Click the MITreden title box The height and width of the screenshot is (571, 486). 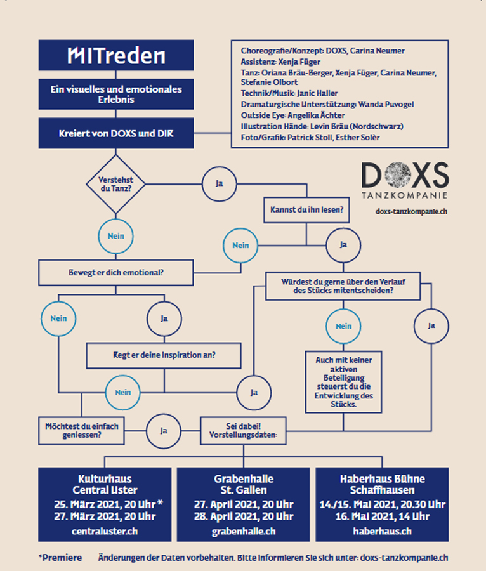coord(116,55)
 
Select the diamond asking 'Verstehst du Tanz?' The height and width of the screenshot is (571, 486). coord(115,184)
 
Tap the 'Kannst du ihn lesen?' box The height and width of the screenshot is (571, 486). coord(306,210)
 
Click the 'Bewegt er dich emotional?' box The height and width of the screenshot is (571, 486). coord(115,272)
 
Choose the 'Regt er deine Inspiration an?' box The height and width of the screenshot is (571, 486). coord(164,355)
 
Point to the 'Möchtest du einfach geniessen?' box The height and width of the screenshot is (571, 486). coord(82,431)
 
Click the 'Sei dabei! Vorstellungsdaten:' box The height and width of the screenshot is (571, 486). coord(243,431)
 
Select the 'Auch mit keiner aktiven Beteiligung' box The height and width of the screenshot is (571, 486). coord(343,382)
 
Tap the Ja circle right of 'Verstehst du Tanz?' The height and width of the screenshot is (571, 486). coord(219,184)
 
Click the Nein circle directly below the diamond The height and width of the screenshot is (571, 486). coord(115,237)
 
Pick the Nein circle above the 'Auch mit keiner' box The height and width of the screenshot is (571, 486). coord(343,326)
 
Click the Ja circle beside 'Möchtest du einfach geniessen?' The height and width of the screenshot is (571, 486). coord(164,431)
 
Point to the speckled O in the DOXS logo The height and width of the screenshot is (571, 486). coord(398,176)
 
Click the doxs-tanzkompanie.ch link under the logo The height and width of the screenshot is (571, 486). coord(411,211)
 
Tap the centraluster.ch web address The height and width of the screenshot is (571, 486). coord(105,531)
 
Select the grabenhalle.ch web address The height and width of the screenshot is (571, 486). coord(244,531)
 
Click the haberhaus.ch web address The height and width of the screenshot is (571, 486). coord(382,531)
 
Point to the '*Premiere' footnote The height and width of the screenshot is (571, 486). coord(60,558)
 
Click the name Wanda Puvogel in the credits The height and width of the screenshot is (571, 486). coord(386,105)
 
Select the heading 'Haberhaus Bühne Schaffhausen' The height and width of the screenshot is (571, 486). coord(382,484)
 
